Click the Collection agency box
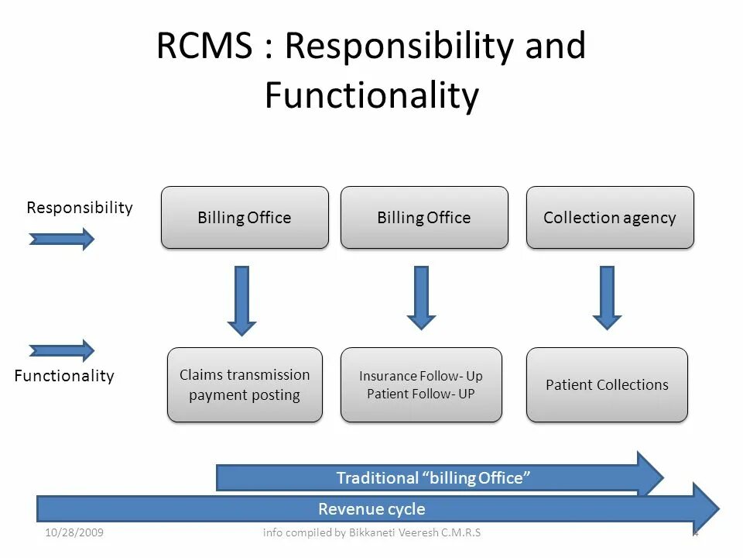click(x=610, y=218)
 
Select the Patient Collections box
click(x=607, y=384)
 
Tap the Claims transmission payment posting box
click(x=245, y=384)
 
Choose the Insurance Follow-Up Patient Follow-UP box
click(x=421, y=384)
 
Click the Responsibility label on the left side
click(x=80, y=208)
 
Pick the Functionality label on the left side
click(x=64, y=376)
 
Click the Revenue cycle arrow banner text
click(x=371, y=509)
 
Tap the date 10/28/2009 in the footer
click(x=75, y=532)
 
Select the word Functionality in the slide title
click(x=371, y=96)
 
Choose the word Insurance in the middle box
click(x=388, y=376)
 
